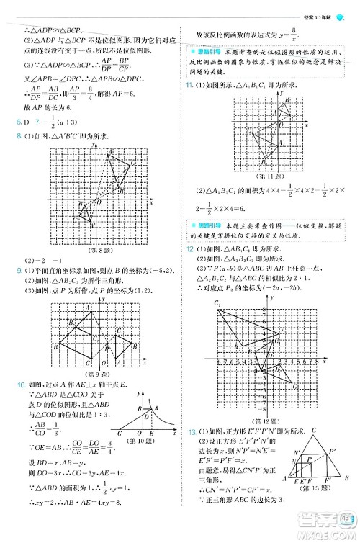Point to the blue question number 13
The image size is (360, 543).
tap(190, 430)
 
